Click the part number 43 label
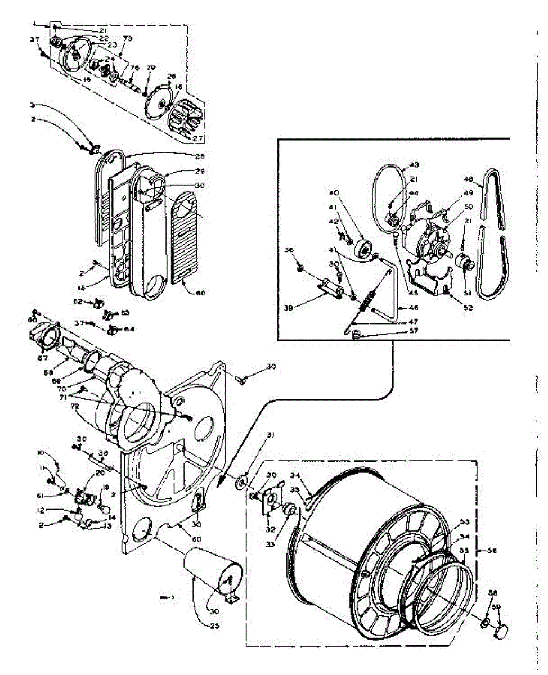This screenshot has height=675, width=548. (x=415, y=165)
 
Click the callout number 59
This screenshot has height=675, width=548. (x=497, y=607)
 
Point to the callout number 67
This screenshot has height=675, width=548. (x=41, y=358)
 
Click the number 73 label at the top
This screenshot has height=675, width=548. (x=128, y=39)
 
